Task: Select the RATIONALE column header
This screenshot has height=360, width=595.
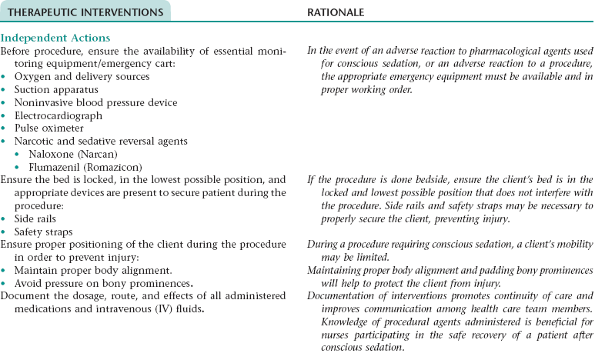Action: [336, 12]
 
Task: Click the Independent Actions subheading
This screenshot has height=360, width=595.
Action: [55, 38]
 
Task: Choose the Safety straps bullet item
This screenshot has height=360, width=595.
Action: [44, 232]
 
